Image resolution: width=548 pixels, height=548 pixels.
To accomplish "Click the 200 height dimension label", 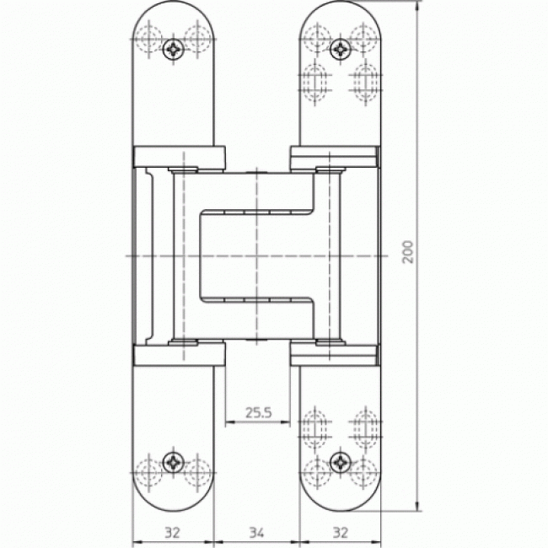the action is click(408, 252).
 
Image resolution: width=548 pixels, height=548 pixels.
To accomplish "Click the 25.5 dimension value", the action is click(258, 413).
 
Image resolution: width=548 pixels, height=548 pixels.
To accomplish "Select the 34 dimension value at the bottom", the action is click(256, 533).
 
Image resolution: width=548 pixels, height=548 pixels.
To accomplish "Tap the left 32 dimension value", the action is click(172, 533).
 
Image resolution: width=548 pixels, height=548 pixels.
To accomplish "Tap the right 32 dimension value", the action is click(341, 533).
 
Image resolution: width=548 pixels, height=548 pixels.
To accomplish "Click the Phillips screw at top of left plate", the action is click(174, 49).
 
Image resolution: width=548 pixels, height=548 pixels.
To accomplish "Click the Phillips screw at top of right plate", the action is click(341, 49).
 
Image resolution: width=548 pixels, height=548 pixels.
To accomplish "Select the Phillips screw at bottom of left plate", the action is click(174, 462).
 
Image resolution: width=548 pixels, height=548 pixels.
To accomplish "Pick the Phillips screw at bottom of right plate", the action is click(341, 462).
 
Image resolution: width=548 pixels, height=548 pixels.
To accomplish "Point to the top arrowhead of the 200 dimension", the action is click(417, 5).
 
